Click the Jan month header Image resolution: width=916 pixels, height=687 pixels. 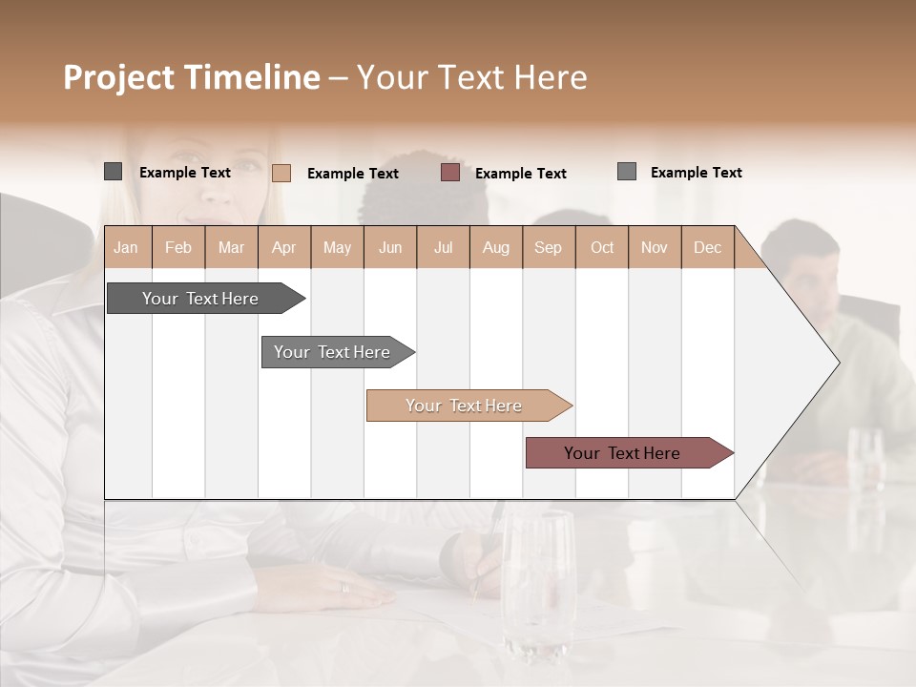[x=126, y=247]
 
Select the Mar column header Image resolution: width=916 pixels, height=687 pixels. [x=231, y=247]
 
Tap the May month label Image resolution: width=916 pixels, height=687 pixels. [x=337, y=247]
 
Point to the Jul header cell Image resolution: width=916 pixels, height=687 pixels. [x=443, y=247]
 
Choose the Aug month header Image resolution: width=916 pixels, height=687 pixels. [x=495, y=247]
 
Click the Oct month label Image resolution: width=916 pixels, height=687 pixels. [x=602, y=247]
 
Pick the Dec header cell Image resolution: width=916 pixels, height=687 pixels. [x=707, y=247]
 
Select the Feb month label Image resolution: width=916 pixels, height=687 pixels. [x=178, y=247]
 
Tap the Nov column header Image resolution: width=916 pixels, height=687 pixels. [x=654, y=247]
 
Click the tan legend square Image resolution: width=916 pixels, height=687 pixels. [x=281, y=173]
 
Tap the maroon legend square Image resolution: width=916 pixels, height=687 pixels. [x=450, y=173]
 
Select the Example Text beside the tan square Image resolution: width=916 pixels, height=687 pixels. [x=353, y=174]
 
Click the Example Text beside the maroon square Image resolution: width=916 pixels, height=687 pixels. [x=521, y=174]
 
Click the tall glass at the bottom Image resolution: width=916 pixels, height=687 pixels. [x=538, y=582]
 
